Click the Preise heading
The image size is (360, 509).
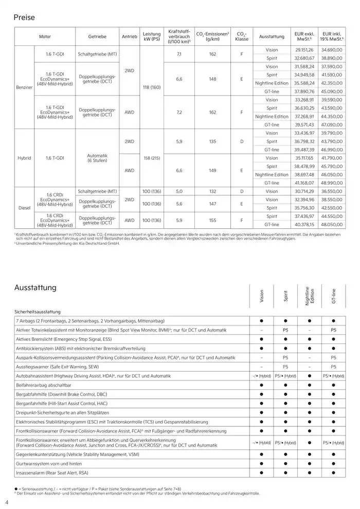pos(24,17)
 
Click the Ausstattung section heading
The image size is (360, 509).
pos(35,287)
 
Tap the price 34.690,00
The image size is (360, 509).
pos(332,50)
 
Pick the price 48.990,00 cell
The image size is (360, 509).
pos(332,183)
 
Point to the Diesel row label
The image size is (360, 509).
pos(24,209)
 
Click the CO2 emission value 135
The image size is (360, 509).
pos(212,141)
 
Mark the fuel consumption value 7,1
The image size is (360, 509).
pos(179,54)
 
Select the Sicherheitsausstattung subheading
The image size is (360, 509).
pos(38,312)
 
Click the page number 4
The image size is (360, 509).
pos(6,502)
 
